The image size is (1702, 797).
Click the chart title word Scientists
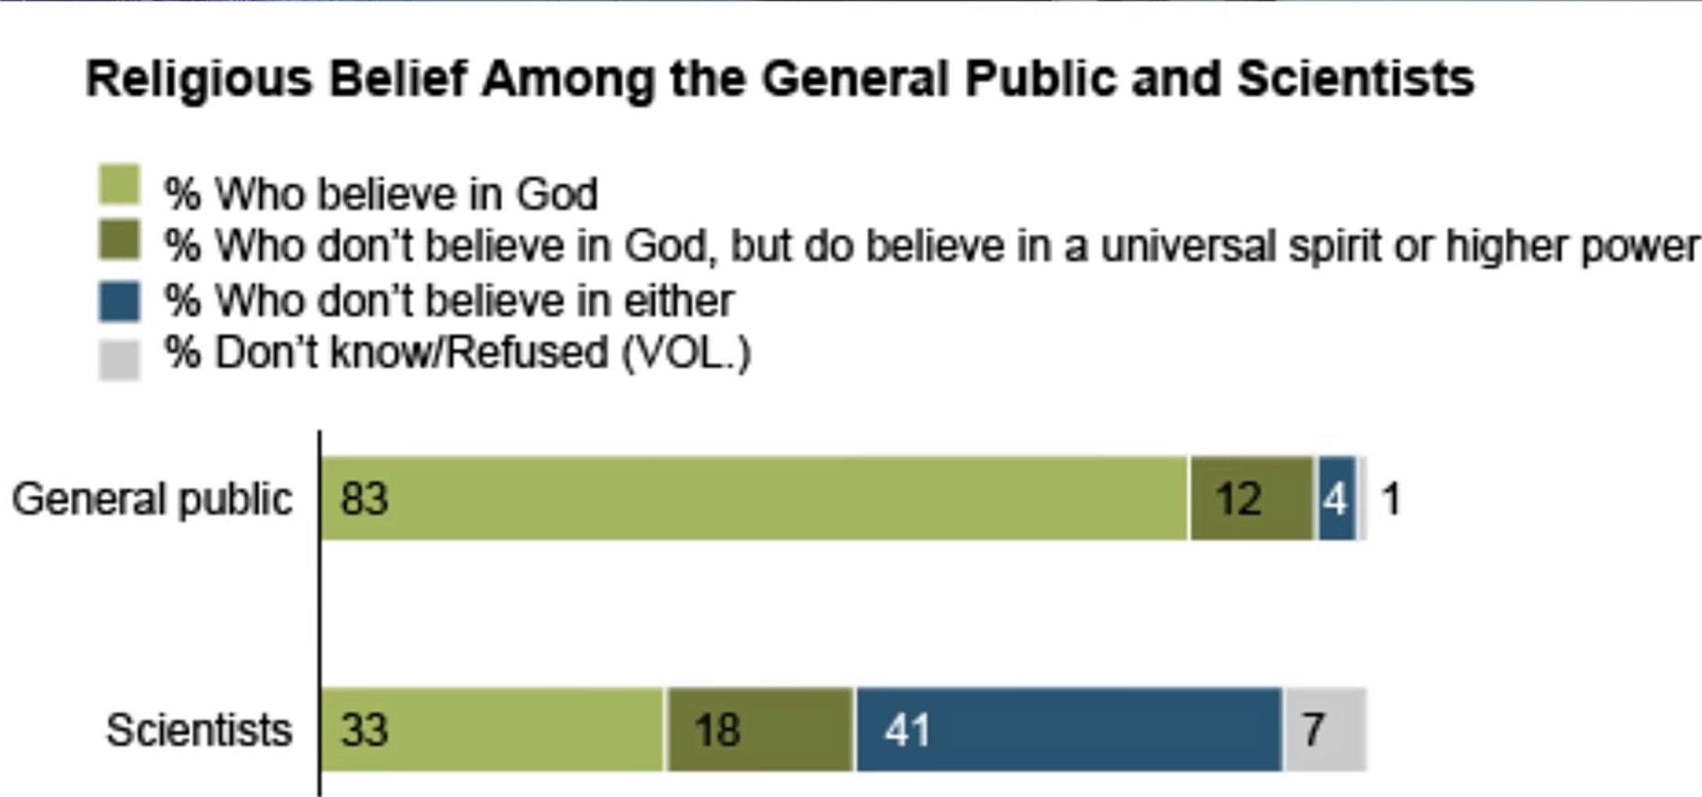click(x=1355, y=79)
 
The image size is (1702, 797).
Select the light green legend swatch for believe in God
click(x=119, y=185)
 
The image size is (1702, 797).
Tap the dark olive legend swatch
click(x=119, y=239)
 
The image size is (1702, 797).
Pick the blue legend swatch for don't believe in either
click(x=119, y=301)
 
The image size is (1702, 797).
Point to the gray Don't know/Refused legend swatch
click(x=119, y=359)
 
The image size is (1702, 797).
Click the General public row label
click(x=152, y=499)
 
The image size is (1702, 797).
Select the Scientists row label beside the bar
click(x=199, y=730)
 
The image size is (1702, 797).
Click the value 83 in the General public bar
click(x=364, y=499)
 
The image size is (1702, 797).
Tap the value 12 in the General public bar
click(x=1239, y=499)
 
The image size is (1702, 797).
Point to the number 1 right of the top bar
click(x=1392, y=499)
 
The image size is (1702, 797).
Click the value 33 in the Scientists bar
click(x=364, y=730)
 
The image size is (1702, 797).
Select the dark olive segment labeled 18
click(x=717, y=730)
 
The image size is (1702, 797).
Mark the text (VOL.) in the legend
click(x=686, y=353)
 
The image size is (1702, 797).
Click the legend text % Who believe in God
click(x=381, y=194)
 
